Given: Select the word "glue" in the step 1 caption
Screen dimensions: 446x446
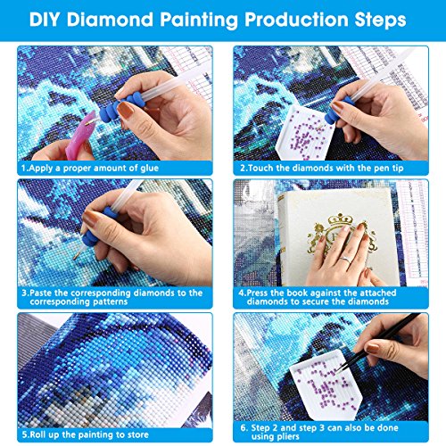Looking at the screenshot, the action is pyautogui.click(x=149, y=169).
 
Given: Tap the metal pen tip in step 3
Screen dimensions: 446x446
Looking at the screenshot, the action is pyautogui.click(x=78, y=253).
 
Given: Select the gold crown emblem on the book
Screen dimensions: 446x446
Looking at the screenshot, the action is pyautogui.click(x=340, y=232).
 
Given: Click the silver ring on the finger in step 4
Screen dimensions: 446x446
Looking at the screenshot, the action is pyautogui.click(x=345, y=260).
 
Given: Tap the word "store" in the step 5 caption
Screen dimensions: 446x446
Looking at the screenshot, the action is pyautogui.click(x=137, y=435).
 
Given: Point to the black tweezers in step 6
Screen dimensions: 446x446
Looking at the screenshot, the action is pyautogui.click(x=377, y=342).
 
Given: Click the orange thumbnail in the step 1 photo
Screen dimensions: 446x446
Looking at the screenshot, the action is pyautogui.click(x=126, y=110).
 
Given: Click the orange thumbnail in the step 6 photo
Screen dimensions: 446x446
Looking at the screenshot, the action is pyautogui.click(x=372, y=348).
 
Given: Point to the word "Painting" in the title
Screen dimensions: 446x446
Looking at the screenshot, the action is pyautogui.click(x=199, y=20).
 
